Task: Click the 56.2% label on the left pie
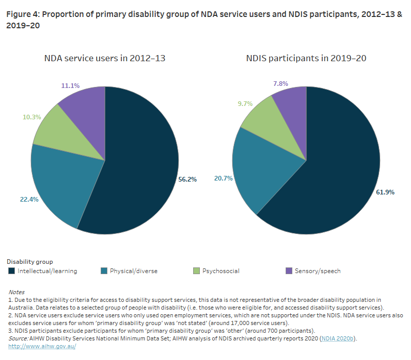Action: (188, 180)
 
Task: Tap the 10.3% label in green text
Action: (31, 117)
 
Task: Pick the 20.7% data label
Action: (223, 177)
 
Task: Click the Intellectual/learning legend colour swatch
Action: (12, 271)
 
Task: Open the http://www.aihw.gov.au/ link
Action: (42, 346)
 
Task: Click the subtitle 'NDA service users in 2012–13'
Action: (104, 58)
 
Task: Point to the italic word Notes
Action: (16, 292)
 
